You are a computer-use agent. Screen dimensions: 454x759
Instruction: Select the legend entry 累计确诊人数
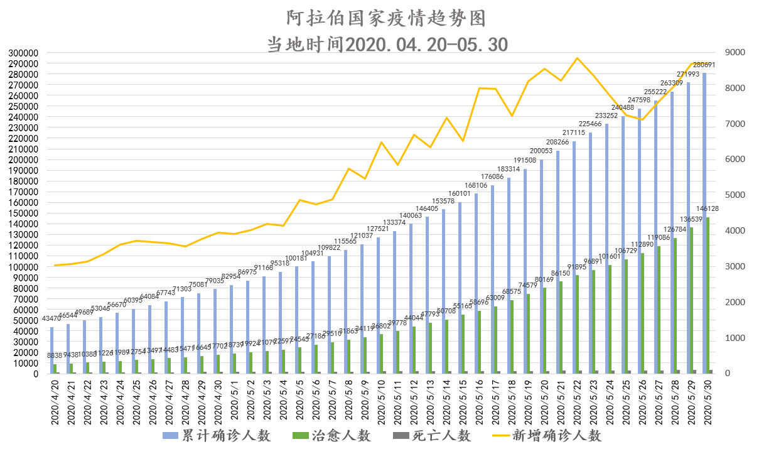[217, 435]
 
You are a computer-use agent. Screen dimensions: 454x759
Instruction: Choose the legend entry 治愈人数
[331, 435]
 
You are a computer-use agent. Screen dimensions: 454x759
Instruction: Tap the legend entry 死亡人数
[431, 435]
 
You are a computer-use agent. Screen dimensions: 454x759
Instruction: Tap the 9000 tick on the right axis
[733, 53]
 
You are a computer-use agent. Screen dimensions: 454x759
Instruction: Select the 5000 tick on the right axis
[733, 195]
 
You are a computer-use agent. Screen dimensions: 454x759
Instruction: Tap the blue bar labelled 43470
[51, 350]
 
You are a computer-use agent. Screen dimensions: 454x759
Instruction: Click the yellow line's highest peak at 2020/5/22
[577, 58]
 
